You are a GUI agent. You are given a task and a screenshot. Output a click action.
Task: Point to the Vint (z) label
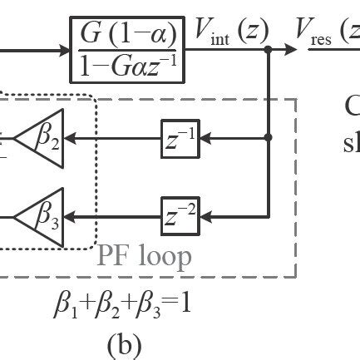point(231,32)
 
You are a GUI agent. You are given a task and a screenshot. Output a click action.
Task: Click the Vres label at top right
point(328,33)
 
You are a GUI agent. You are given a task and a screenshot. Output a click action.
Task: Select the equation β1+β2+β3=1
point(122,304)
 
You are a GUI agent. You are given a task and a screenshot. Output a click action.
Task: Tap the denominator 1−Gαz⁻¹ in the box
point(129,66)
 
